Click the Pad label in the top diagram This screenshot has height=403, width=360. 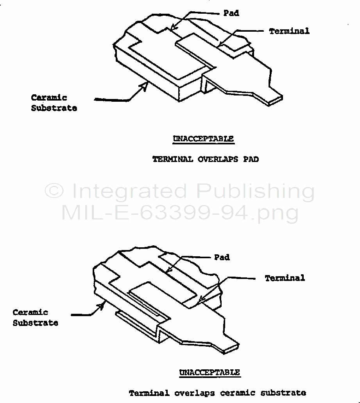(x=231, y=13)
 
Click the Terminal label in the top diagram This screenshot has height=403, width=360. (x=289, y=31)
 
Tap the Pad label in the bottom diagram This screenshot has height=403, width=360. (x=222, y=257)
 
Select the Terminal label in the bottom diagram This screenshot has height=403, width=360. (x=285, y=278)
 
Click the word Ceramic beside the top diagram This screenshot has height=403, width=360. (x=49, y=98)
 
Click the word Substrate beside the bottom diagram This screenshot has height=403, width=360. (x=36, y=323)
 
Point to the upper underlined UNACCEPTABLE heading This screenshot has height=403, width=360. (x=203, y=139)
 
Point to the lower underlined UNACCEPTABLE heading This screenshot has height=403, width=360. (x=210, y=372)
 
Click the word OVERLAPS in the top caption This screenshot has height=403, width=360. (x=218, y=159)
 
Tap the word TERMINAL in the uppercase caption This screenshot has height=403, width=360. (x=172, y=159)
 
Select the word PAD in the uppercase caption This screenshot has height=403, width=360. (x=251, y=159)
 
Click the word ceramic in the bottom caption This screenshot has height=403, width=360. (x=238, y=393)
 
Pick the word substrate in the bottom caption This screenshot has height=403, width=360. (x=283, y=393)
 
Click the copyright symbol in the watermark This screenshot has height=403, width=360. (x=54, y=191)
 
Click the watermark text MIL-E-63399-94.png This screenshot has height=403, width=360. (x=180, y=213)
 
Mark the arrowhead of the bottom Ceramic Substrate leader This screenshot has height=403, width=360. (x=102, y=306)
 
